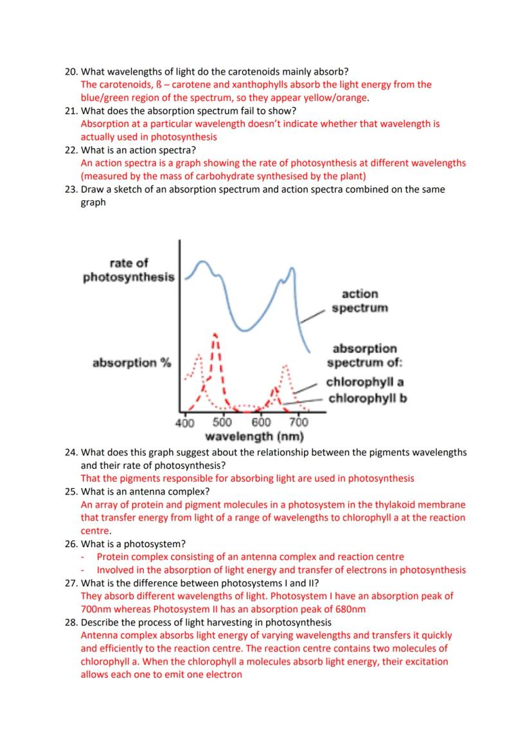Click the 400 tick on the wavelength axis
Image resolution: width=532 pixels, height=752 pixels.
coord(184,423)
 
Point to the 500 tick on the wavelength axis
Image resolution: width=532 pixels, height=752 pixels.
coord(222,423)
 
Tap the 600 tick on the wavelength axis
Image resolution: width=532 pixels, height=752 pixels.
coord(261,423)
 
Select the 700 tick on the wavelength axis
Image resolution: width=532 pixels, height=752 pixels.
coord(299,423)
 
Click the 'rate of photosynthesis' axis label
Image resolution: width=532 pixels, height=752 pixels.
coord(129,270)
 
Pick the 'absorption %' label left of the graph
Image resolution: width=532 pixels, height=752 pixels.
coord(132,363)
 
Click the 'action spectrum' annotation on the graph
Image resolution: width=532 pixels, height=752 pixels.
coord(360,301)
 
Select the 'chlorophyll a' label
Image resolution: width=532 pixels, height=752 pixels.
coord(365,382)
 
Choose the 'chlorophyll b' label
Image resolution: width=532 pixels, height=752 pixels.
coord(368,398)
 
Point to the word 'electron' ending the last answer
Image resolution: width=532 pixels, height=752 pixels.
coord(224,675)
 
